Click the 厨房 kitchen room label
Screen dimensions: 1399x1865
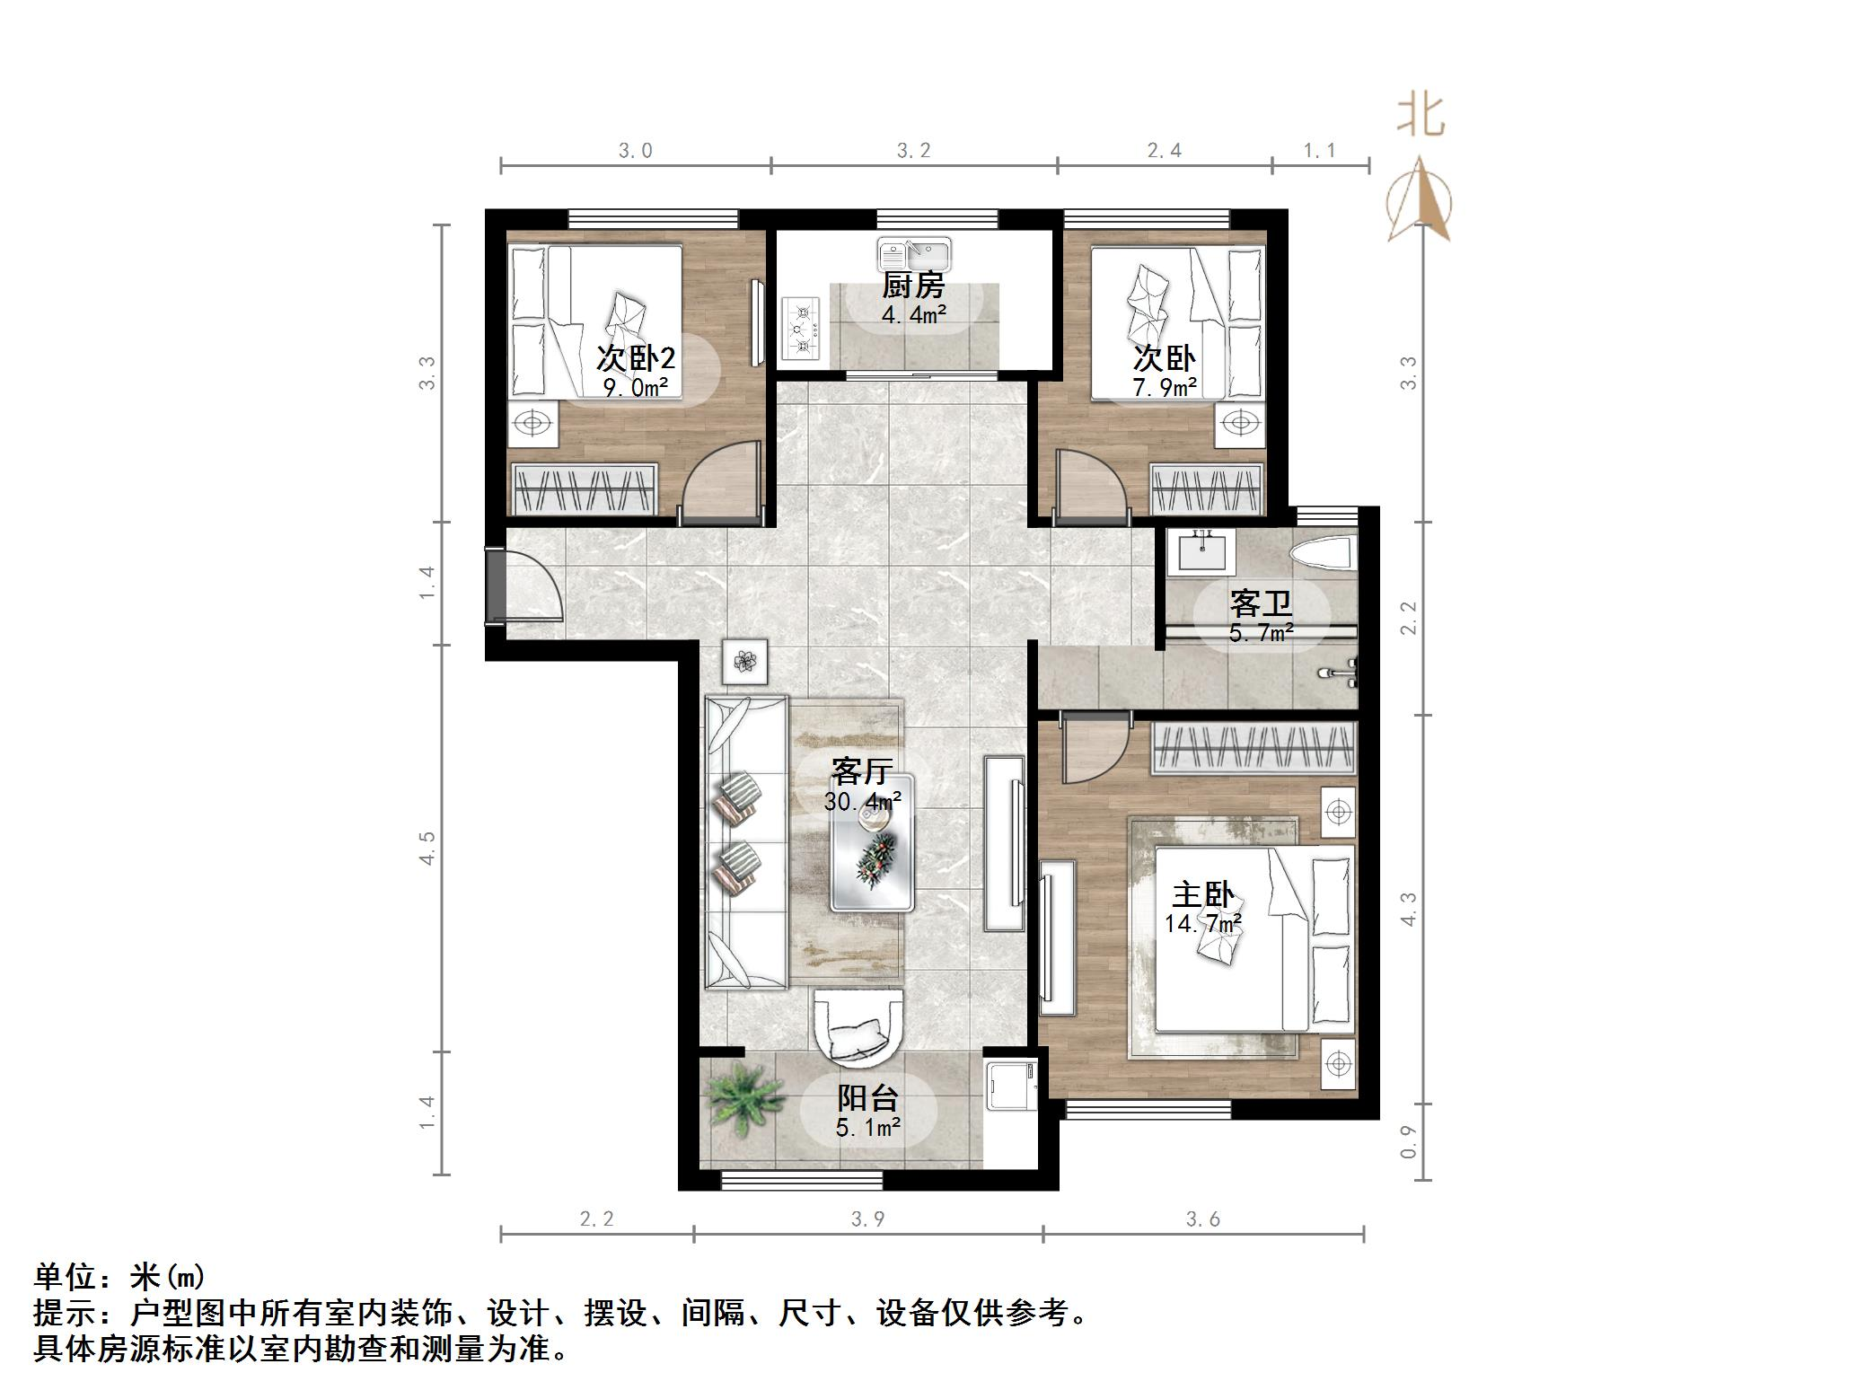point(912,286)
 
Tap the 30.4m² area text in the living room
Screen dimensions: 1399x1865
point(862,800)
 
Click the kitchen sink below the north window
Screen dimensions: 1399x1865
point(914,254)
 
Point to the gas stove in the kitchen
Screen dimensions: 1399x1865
point(801,330)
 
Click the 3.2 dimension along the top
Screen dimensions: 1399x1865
point(913,151)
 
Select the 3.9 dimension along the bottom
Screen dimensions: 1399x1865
point(867,1219)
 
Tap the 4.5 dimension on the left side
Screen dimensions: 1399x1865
point(427,848)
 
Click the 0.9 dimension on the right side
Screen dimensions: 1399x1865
point(1408,1142)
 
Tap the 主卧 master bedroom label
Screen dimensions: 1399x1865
point(1202,895)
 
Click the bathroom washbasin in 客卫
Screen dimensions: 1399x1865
point(1201,551)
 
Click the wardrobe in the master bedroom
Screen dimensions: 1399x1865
point(1253,746)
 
